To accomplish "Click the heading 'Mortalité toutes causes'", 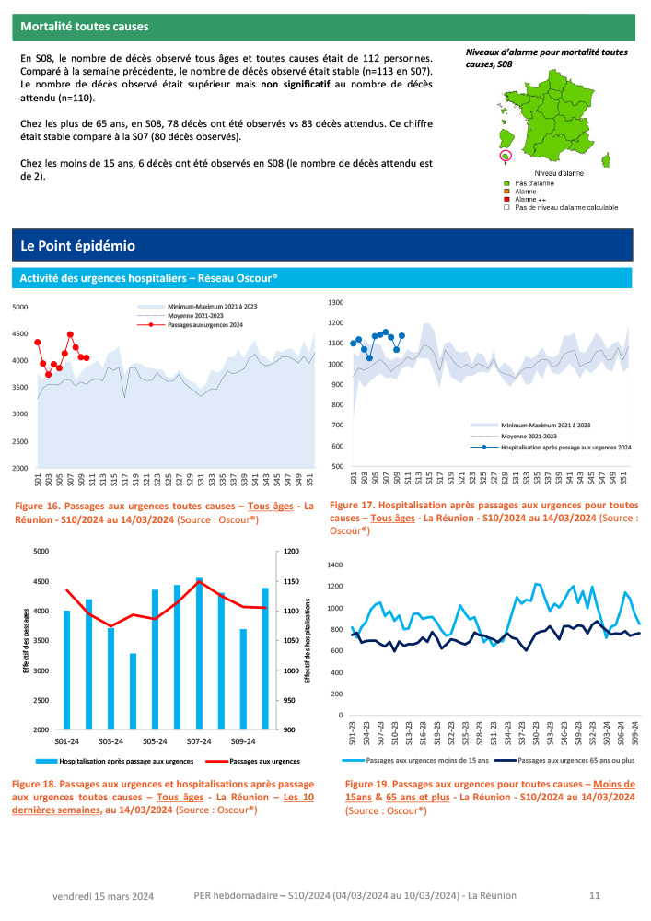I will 85,27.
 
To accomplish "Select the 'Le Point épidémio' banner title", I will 78,246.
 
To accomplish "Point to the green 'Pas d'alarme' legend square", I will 506,184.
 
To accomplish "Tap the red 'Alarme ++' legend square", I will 506,200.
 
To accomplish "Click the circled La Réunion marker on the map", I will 505,156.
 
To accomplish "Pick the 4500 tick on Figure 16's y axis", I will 20,334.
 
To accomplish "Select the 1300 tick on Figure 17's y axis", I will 335,302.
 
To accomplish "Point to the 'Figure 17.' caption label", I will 355,506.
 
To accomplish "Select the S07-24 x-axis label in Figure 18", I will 198,740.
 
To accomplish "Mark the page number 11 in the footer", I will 594,895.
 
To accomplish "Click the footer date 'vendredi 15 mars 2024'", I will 102,896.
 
